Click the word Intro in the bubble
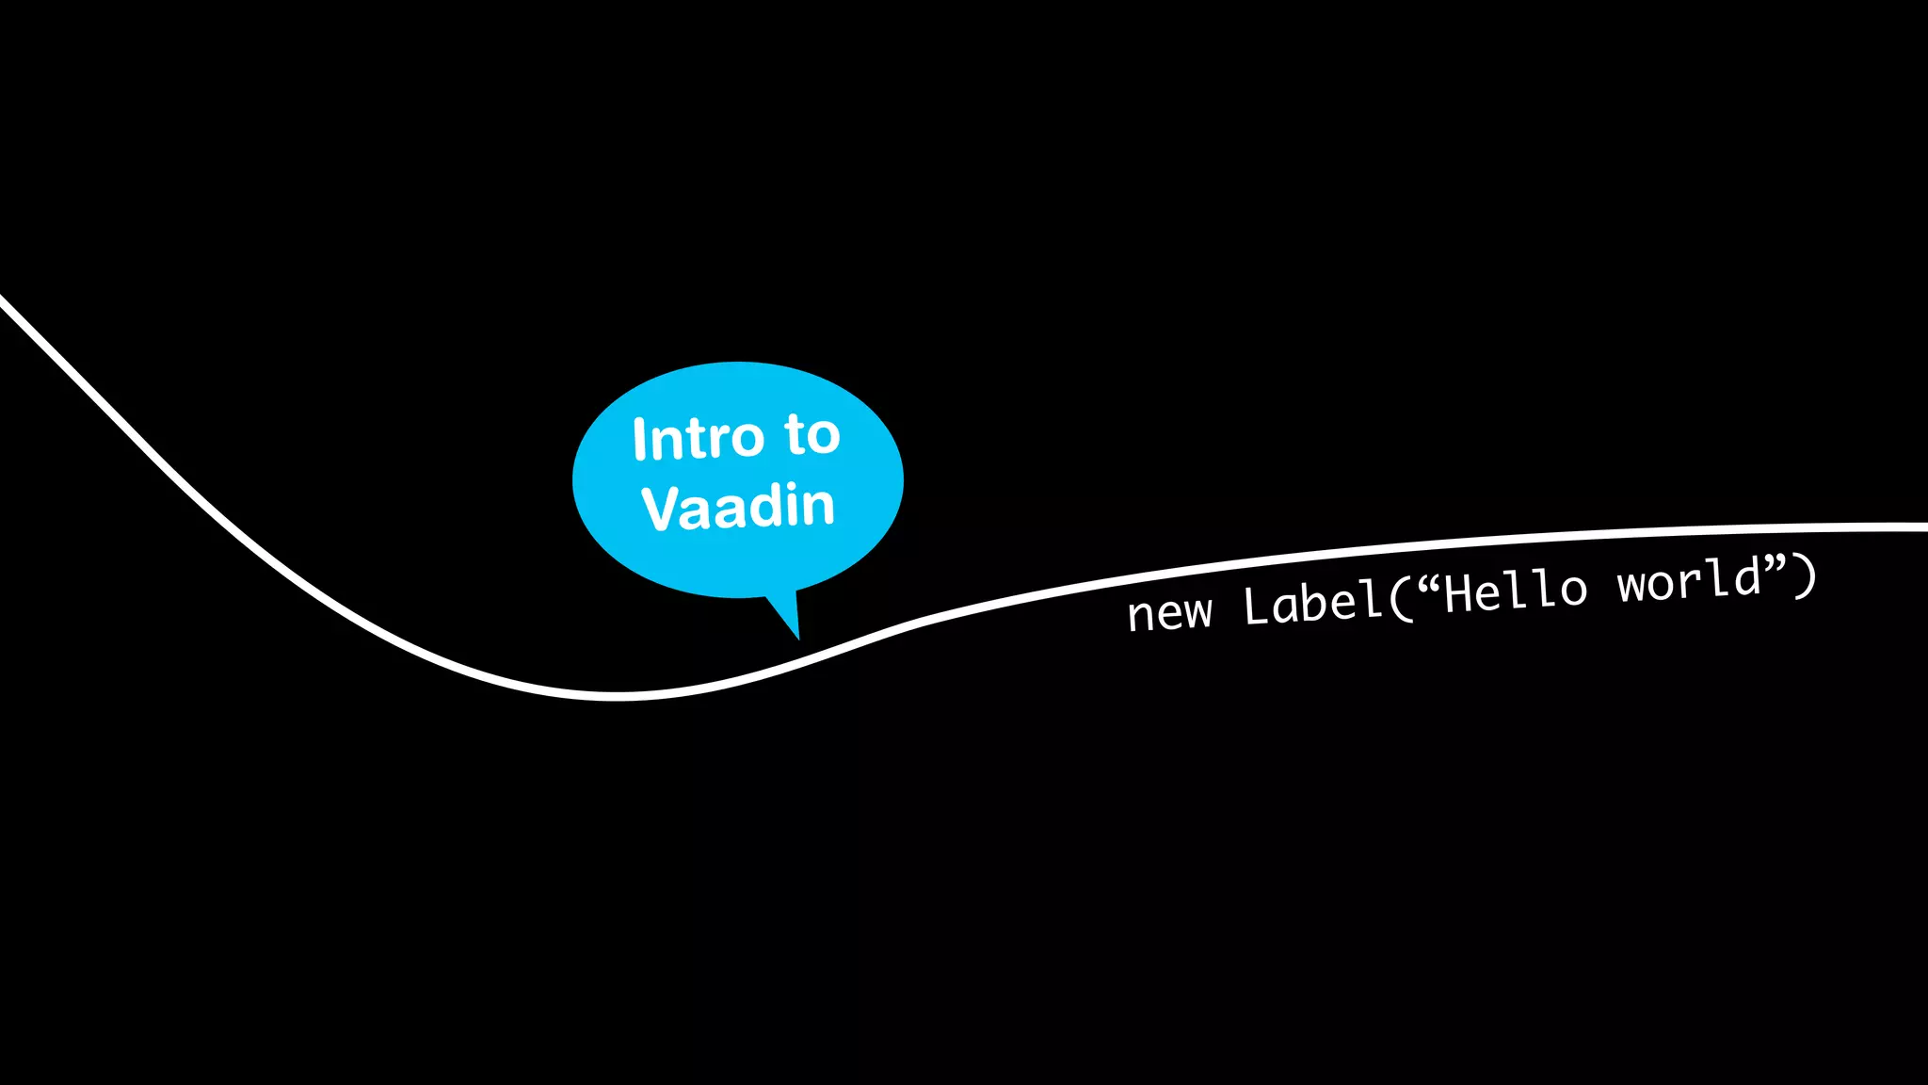click(x=697, y=439)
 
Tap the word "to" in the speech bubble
click(x=811, y=435)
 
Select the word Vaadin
click(x=738, y=508)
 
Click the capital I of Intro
click(x=640, y=440)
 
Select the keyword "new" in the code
click(x=1170, y=613)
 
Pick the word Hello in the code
click(x=1516, y=591)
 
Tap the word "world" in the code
click(x=1690, y=580)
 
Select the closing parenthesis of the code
click(x=1805, y=575)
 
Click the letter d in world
click(x=1747, y=576)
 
